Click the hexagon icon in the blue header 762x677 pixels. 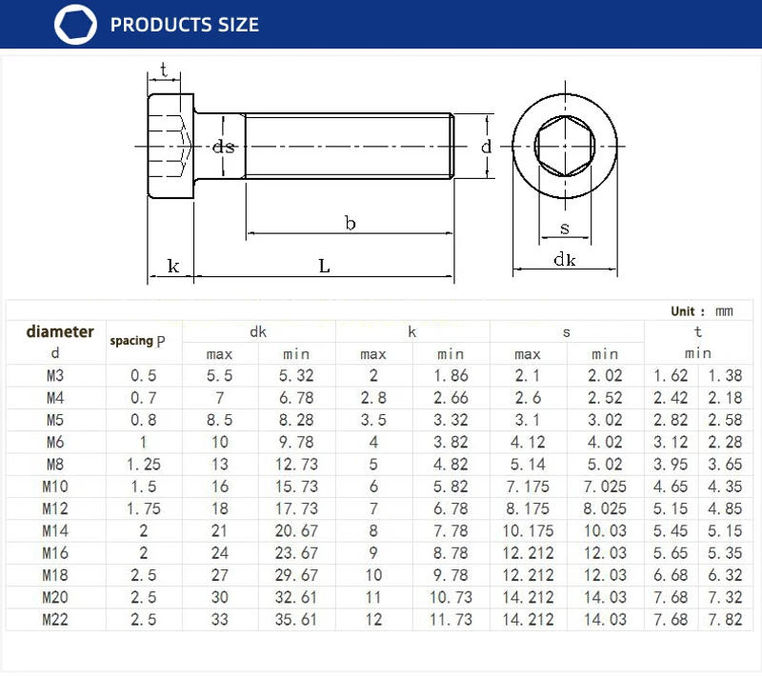[76, 25]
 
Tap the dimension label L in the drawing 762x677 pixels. [324, 267]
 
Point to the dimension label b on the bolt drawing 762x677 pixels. [350, 223]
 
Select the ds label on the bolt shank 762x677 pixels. [224, 147]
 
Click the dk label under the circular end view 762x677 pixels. [565, 260]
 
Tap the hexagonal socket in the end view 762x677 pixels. [565, 148]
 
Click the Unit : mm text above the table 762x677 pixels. [702, 311]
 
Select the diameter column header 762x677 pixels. [60, 332]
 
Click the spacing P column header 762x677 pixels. [144, 341]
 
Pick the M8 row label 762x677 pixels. [56, 465]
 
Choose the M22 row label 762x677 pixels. [56, 619]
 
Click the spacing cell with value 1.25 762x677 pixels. [144, 465]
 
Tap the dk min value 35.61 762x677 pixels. [296, 619]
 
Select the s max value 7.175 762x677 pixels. [528, 487]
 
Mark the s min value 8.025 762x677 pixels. [605, 508]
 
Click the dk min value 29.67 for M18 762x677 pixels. [296, 575]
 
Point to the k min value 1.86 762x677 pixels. [451, 376]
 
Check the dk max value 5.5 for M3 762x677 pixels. [220, 376]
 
